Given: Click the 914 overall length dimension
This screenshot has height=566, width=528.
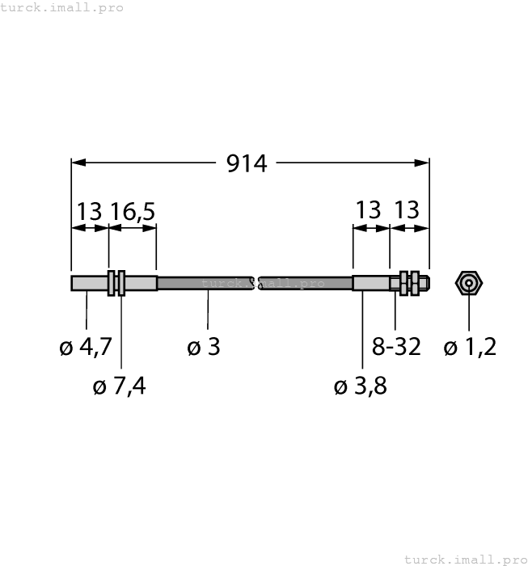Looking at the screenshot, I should click(x=247, y=163).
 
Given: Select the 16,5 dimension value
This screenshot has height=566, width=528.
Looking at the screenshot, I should click(x=133, y=212).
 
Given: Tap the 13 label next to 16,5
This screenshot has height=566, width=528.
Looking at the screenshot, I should click(x=89, y=212).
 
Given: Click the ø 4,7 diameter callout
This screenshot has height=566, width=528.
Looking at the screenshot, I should click(x=86, y=348).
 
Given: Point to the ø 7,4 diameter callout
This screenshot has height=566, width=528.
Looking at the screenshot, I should click(x=120, y=386).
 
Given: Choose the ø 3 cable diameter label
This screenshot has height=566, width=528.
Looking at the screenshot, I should click(x=204, y=348).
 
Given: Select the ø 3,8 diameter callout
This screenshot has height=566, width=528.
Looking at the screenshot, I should click(x=361, y=386).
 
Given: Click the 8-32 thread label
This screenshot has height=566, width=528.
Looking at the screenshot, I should click(x=396, y=348).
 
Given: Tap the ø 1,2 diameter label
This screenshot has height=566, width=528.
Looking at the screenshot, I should click(x=470, y=348).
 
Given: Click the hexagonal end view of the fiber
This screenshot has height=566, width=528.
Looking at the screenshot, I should click(x=469, y=283).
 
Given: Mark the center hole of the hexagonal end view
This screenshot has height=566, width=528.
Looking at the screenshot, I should click(x=469, y=283).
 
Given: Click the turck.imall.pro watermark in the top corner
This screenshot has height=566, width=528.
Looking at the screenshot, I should click(x=61, y=7).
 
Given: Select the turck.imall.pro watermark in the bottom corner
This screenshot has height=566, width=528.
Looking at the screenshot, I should click(x=464, y=559).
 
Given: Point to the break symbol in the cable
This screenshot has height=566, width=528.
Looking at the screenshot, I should click(x=256, y=283).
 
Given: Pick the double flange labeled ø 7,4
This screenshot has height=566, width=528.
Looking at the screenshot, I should click(x=116, y=283).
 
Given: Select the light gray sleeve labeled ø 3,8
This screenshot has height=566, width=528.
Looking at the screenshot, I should click(x=371, y=283).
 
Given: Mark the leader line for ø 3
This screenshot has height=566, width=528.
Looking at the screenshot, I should click(x=208, y=311).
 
